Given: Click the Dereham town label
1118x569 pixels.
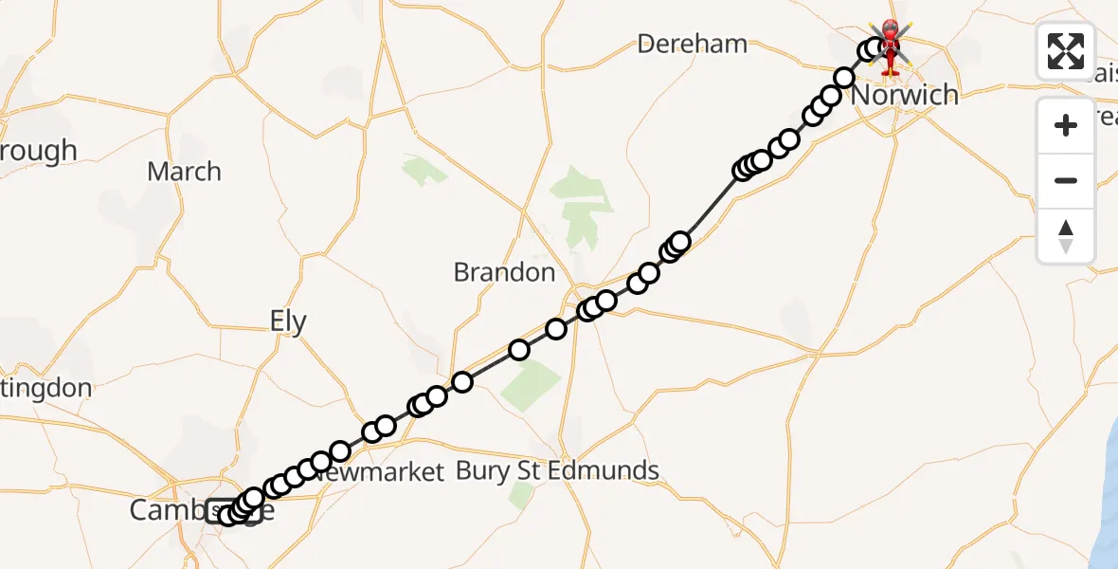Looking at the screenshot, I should point(692,44).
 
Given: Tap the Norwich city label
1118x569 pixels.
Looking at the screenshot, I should point(905,95).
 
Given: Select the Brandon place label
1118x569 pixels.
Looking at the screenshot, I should point(504,273).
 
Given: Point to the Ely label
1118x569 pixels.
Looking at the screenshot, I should point(288,322).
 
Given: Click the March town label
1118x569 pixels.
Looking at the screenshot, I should point(184,173).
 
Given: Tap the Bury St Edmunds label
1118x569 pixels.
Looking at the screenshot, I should point(557,470).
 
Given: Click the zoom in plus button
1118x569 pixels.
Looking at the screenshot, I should point(1066,125).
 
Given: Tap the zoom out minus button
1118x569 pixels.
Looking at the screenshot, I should point(1066,180).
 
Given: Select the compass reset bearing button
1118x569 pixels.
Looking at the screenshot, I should point(1066,235).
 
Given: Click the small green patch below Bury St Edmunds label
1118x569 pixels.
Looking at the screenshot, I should point(520,495).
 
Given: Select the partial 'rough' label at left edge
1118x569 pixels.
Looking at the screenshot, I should point(38,152).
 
